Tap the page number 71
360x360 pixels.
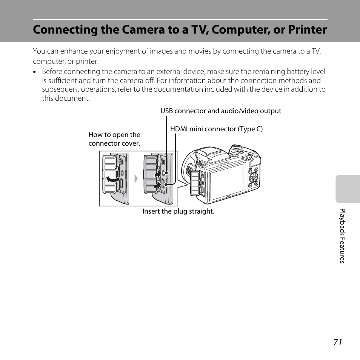tap(337, 342)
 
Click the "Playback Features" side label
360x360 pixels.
tap(342, 236)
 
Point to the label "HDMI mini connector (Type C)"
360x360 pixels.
tap(216, 129)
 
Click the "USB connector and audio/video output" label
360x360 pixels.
tap(221, 111)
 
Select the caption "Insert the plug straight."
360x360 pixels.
tap(178, 211)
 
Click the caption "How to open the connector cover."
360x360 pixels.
tap(114, 139)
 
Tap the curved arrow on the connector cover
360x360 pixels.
tap(112, 179)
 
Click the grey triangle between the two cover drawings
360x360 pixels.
tap(136, 178)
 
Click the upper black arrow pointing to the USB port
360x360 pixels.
tap(157, 175)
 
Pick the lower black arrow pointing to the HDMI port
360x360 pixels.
tap(157, 186)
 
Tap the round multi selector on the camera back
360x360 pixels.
tap(254, 178)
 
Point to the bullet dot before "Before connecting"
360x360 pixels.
tap(34, 72)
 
